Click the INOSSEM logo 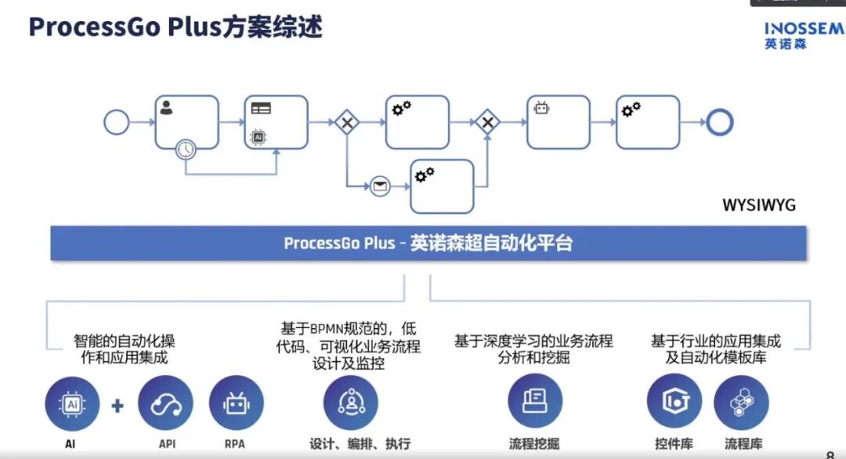(x=804, y=35)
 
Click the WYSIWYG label (x=758, y=205)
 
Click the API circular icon (x=165, y=403)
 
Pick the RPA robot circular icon (x=236, y=403)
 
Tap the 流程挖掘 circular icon (x=534, y=401)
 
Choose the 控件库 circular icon (x=674, y=402)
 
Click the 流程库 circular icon (x=741, y=402)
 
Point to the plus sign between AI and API (x=117, y=406)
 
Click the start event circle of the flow (x=116, y=122)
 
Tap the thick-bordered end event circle (x=718, y=122)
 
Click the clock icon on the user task (x=186, y=147)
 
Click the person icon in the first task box (x=166, y=108)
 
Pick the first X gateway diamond (x=346, y=122)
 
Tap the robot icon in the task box (x=541, y=108)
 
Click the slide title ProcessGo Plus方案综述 (x=175, y=27)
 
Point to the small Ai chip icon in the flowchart (x=258, y=137)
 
